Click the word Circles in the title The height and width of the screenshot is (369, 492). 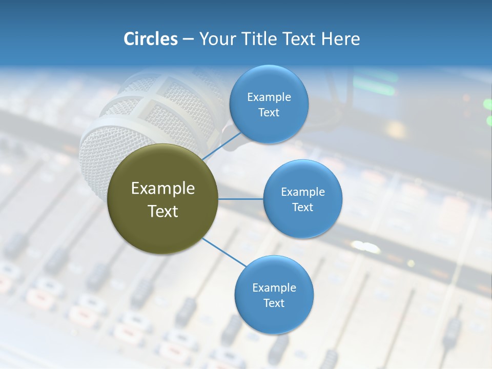[150, 39]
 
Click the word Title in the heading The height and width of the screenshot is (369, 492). [261, 39]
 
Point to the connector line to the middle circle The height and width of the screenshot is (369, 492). [241, 199]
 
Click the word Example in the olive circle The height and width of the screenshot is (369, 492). [162, 189]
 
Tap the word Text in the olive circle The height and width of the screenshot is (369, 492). [162, 211]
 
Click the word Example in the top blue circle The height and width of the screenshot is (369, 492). [269, 97]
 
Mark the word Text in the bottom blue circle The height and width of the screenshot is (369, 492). [274, 303]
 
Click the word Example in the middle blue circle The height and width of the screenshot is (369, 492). [302, 192]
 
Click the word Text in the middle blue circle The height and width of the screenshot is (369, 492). [302, 208]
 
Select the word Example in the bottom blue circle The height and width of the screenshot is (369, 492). [274, 288]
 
